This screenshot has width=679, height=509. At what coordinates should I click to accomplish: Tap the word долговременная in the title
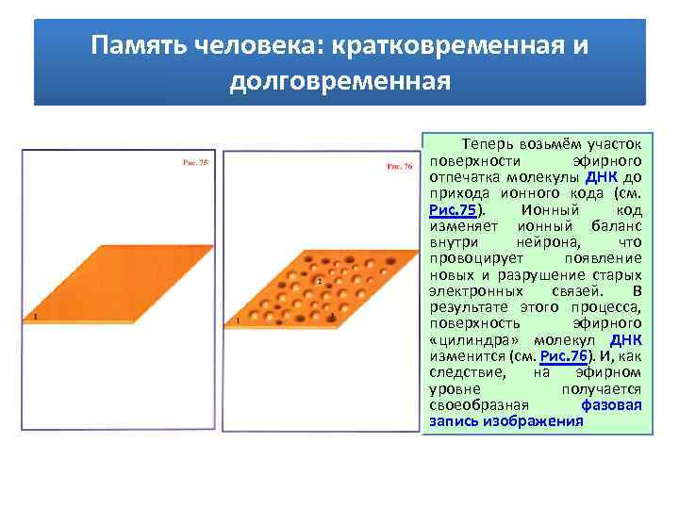339,81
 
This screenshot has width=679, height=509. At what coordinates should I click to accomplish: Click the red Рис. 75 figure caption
195,163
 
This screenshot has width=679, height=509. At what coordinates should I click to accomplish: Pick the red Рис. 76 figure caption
400,167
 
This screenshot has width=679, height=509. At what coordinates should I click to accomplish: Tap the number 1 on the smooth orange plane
35,316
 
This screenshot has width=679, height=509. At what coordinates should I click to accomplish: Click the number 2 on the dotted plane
319,281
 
